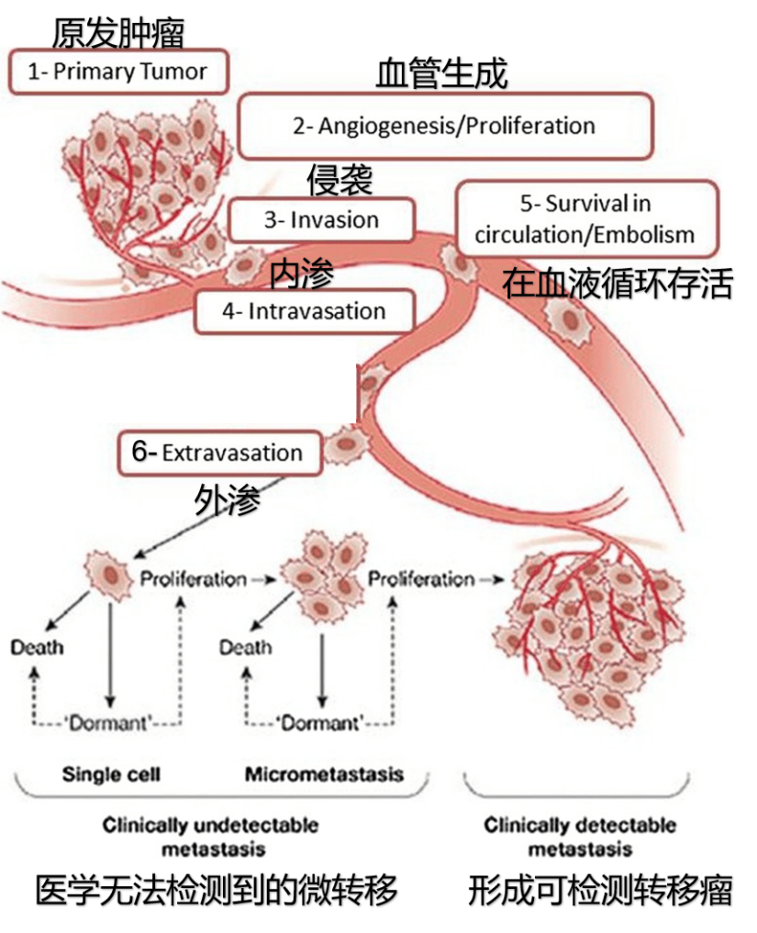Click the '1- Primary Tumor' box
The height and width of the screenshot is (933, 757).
[117, 72]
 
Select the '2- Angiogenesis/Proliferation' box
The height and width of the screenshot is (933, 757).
[444, 126]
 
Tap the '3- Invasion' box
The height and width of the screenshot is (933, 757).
[321, 220]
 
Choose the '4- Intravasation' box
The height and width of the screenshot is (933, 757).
[304, 311]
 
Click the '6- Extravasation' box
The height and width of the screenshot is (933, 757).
[220, 453]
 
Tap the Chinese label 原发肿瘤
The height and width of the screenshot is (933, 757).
[117, 33]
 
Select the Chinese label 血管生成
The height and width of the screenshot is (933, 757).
[441, 74]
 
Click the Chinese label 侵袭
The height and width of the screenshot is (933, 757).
[340, 180]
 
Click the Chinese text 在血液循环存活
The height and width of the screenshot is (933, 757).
[618, 285]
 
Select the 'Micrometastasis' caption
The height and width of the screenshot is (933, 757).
[324, 774]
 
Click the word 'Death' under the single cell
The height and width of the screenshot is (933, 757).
[38, 647]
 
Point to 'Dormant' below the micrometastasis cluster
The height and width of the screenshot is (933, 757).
[320, 722]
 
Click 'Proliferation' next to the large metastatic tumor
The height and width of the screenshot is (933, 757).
[421, 579]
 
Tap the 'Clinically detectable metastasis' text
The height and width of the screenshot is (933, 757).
[580, 835]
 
